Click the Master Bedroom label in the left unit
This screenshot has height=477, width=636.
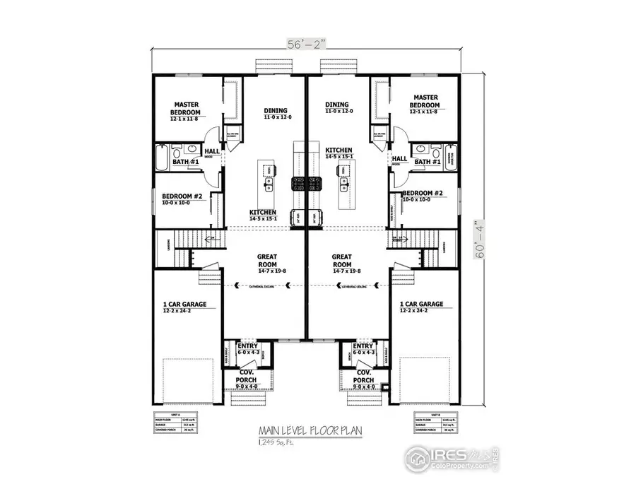tap(185, 109)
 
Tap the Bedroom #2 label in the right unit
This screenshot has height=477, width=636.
tap(423, 193)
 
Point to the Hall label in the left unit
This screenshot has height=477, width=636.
tap(212, 151)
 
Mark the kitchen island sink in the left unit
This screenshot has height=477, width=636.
tap(269, 185)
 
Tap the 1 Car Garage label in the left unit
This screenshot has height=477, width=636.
tap(184, 305)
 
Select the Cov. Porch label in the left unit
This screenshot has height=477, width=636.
tap(246, 375)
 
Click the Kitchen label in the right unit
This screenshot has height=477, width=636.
tap(338, 151)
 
